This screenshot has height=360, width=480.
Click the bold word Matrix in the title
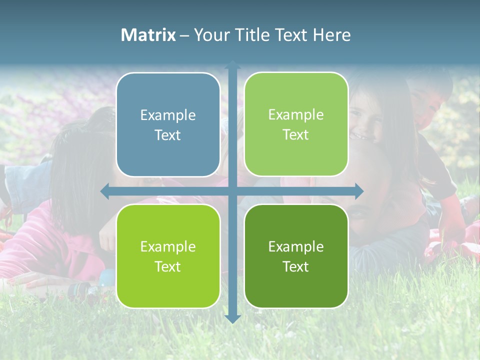pyautogui.click(x=148, y=35)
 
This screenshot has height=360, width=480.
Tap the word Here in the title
pyautogui.click(x=331, y=35)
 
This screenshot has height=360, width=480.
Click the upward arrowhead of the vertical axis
pyautogui.click(x=232, y=65)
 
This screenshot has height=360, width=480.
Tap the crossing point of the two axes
pyautogui.click(x=232, y=191)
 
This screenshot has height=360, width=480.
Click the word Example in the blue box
pyautogui.click(x=168, y=115)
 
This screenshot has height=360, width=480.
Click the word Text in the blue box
pyautogui.click(x=168, y=135)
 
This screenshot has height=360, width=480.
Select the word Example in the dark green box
pyautogui.click(x=296, y=246)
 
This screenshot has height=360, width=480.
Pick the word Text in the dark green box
pyautogui.click(x=296, y=266)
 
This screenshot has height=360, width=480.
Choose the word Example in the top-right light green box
pyautogui.click(x=296, y=115)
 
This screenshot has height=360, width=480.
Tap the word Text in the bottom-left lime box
pyautogui.click(x=168, y=266)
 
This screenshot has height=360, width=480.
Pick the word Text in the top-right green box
pyautogui.click(x=296, y=134)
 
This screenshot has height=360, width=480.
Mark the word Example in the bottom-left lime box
pyautogui.click(x=168, y=246)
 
